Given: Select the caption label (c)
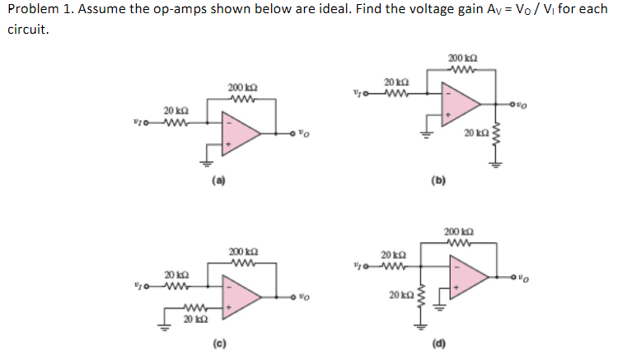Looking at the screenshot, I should [218, 342].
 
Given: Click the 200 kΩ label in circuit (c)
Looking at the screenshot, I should [241, 250].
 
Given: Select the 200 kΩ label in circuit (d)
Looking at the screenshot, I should [459, 232].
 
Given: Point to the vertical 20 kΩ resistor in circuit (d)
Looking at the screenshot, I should [422, 295].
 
